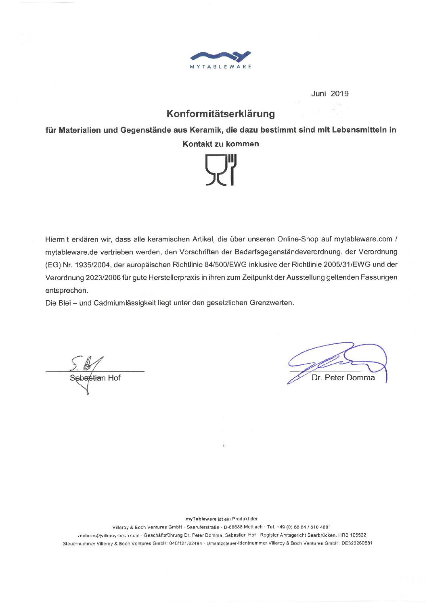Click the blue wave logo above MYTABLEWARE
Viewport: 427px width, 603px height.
(220, 56)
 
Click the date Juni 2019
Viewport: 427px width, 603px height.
(329, 94)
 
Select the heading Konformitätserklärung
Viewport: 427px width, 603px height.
(220, 114)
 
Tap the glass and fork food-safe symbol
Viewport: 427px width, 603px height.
(220, 170)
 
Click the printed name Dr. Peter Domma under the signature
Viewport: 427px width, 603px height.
(343, 378)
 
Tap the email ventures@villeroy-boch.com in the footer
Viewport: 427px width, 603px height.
(108, 535)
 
